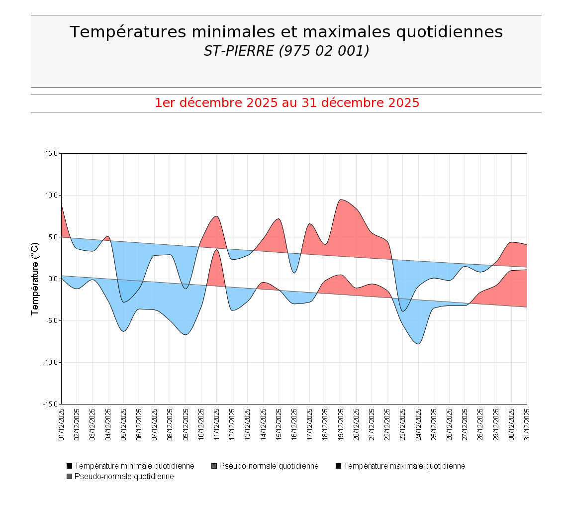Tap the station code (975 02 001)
pos(324,51)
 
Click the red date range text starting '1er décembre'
pos(286,103)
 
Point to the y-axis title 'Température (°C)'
pos(35,279)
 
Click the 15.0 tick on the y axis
pos(51,153)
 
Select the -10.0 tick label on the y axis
pos(50,362)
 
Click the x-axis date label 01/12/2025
pos(62,424)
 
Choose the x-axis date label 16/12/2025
pos(294,424)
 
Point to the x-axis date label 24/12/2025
pos(418,424)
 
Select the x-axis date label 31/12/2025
pos(527,424)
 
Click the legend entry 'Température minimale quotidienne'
pos(134,466)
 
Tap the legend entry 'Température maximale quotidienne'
pos(404,466)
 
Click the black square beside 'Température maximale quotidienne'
pos(339,466)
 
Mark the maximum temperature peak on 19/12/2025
pos(341,200)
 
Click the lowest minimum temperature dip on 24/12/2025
pos(418,344)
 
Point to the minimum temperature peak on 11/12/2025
pos(216,249)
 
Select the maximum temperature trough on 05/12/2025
pos(124,302)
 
